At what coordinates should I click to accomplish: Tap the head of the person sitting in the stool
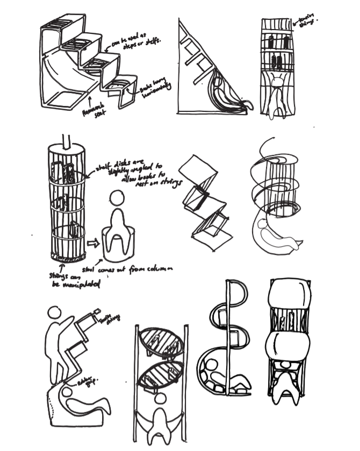117,199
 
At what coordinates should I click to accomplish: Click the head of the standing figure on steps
54,312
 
